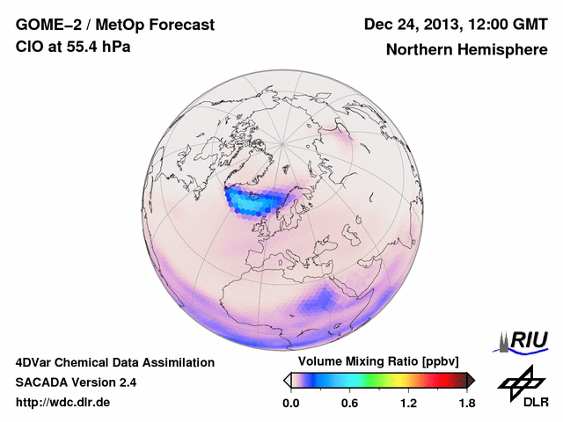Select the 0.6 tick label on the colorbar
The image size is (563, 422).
pos(349,403)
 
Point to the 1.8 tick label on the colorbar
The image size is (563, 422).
pos(466,403)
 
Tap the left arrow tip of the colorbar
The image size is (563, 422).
pos(287,380)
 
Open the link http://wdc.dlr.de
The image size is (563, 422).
pos(63,403)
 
